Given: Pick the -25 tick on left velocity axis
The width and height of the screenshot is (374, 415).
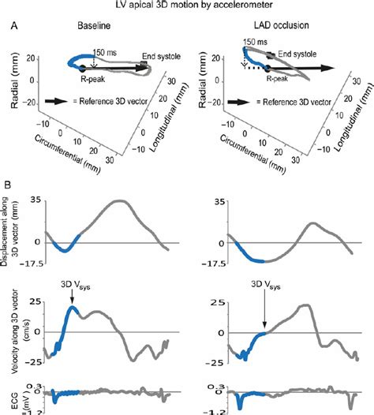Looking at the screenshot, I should (x=33, y=362).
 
